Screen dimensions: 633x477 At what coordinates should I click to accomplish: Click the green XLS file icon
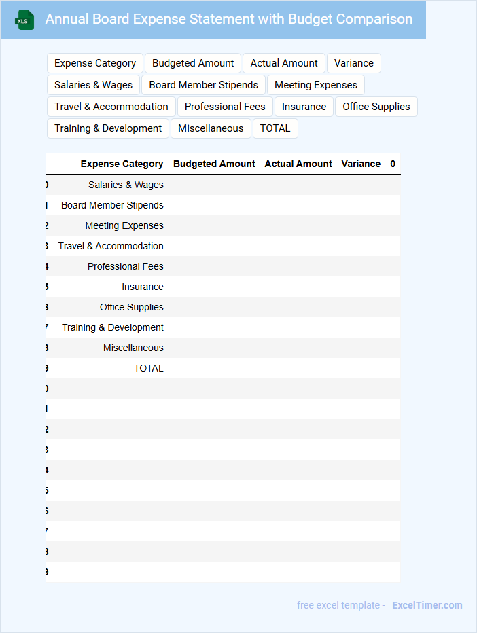tap(24, 20)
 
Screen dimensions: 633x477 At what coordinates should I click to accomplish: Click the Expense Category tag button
tap(95, 63)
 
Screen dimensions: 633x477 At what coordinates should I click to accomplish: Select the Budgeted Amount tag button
tap(193, 63)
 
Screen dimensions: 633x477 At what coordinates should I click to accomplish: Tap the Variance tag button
tap(353, 63)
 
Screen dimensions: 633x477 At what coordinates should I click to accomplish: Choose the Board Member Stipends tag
tap(203, 85)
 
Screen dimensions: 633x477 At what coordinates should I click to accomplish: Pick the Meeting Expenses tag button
tap(315, 85)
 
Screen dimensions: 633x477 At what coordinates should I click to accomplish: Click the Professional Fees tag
tap(225, 107)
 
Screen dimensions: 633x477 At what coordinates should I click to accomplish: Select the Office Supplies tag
tap(376, 107)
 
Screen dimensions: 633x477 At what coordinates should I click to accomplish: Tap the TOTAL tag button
tap(275, 128)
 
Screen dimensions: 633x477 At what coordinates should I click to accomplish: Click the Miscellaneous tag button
tap(211, 128)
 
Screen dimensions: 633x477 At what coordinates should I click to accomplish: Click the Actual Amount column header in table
tap(298, 164)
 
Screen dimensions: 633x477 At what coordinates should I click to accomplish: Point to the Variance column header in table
tap(361, 164)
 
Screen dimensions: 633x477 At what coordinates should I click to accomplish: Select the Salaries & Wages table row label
tap(126, 185)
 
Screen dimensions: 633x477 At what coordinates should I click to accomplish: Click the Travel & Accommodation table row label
tap(111, 246)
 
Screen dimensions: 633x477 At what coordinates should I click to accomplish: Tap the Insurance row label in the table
tap(143, 287)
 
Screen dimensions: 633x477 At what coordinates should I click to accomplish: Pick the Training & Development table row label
tap(113, 327)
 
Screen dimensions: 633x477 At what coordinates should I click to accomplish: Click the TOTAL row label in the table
tap(148, 368)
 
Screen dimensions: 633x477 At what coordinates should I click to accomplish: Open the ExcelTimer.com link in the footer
tap(427, 605)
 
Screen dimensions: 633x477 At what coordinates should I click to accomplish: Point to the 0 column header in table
tap(393, 164)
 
